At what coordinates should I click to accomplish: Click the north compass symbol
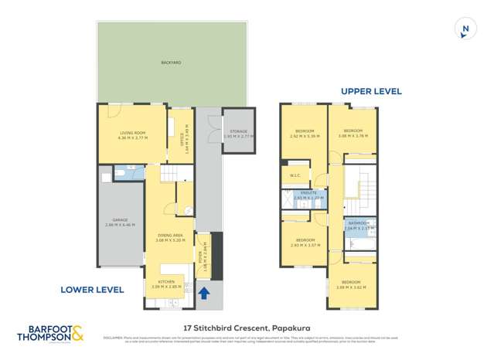[464, 29]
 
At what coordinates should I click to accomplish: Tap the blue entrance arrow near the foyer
[204, 293]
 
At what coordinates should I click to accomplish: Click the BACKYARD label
[171, 63]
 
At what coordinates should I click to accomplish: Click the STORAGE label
[237, 132]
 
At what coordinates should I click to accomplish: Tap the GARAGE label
[120, 220]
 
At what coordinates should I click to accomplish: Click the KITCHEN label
[168, 282]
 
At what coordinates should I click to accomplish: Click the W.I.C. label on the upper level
[295, 175]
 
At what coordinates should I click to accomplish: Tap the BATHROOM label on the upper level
[359, 223]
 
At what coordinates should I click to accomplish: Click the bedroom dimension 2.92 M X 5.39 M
[304, 136]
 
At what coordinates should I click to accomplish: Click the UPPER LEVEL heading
[371, 91]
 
